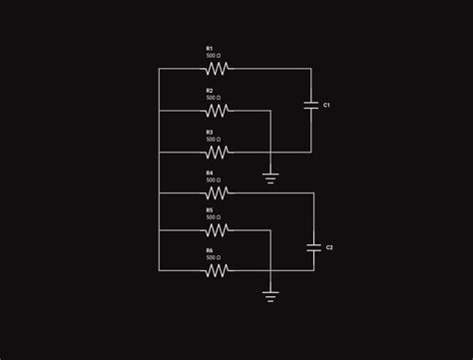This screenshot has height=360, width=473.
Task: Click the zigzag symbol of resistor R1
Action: pyautogui.click(x=218, y=69)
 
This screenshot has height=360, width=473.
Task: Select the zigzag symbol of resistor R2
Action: pyautogui.click(x=218, y=111)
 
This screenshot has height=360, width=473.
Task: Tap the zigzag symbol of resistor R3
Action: pyautogui.click(x=218, y=153)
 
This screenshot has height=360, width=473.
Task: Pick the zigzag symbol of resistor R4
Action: pyautogui.click(x=218, y=192)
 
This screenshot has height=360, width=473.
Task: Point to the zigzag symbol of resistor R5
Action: pyautogui.click(x=218, y=230)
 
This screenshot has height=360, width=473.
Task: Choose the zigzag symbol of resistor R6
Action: pyautogui.click(x=218, y=269)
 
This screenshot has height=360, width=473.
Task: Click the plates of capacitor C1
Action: pyautogui.click(x=310, y=105)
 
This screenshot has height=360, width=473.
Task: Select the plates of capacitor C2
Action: pyautogui.click(x=313, y=246)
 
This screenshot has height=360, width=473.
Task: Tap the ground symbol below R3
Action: pyautogui.click(x=270, y=179)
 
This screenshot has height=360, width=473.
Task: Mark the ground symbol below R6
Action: pyautogui.click(x=270, y=295)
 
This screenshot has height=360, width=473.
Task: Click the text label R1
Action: pyautogui.click(x=210, y=48)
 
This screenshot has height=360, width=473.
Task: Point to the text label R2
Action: pyautogui.click(x=210, y=90)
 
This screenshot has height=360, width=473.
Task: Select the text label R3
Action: pyautogui.click(x=210, y=132)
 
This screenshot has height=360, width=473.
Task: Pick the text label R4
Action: pyautogui.click(x=210, y=173)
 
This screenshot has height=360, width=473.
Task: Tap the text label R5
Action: pyautogui.click(x=210, y=210)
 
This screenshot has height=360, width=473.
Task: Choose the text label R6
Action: pyautogui.click(x=210, y=250)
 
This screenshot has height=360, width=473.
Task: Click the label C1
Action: pyautogui.click(x=327, y=105)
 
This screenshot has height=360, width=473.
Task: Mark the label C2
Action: pyautogui.click(x=330, y=246)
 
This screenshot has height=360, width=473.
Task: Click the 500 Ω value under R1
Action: pyautogui.click(x=214, y=56)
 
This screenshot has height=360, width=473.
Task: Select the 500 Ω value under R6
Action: pyautogui.click(x=214, y=258)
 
